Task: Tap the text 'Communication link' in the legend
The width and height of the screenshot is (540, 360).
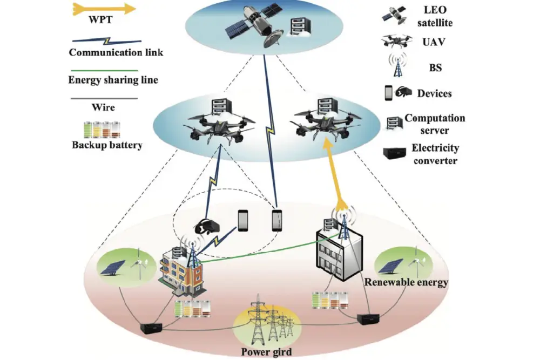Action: point(116,52)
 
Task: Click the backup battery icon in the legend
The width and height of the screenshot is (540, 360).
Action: point(102,130)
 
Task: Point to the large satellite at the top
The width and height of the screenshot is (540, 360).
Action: point(253,25)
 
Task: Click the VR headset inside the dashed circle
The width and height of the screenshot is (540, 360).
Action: point(207,227)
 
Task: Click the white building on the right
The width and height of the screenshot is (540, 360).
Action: point(340,254)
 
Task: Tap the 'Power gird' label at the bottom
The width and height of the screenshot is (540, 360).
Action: point(266,352)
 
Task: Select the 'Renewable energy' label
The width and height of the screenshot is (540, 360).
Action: point(406,282)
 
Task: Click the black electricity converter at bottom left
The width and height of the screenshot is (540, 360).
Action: point(151,328)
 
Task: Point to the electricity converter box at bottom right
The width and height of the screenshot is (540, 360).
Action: point(368,320)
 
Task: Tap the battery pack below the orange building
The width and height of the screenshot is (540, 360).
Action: point(192,309)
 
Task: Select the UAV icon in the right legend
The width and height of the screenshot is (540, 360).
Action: point(397,42)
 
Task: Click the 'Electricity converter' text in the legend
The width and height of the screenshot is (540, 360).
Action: point(435,154)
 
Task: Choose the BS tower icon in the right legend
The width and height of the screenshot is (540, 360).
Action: point(398,65)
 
